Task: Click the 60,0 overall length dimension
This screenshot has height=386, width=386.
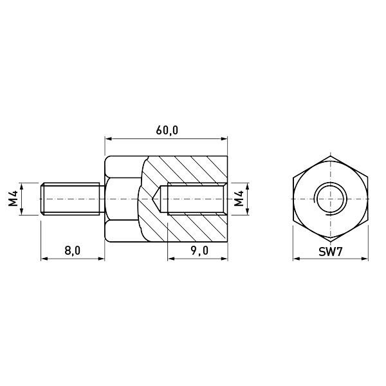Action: tap(167, 130)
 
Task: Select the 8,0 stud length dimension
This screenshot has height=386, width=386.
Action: tap(72, 251)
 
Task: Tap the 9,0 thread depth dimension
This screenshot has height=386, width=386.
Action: tap(199, 251)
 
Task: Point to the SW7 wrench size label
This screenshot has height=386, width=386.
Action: tap(331, 252)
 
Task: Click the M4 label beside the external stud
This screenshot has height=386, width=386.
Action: tap(13, 199)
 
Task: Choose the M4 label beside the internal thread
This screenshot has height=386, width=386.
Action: tap(239, 199)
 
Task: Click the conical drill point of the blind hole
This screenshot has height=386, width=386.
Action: tap(156, 199)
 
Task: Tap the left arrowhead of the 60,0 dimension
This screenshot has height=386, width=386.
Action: tap(108, 139)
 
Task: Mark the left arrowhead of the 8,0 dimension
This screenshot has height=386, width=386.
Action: tap(44, 259)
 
